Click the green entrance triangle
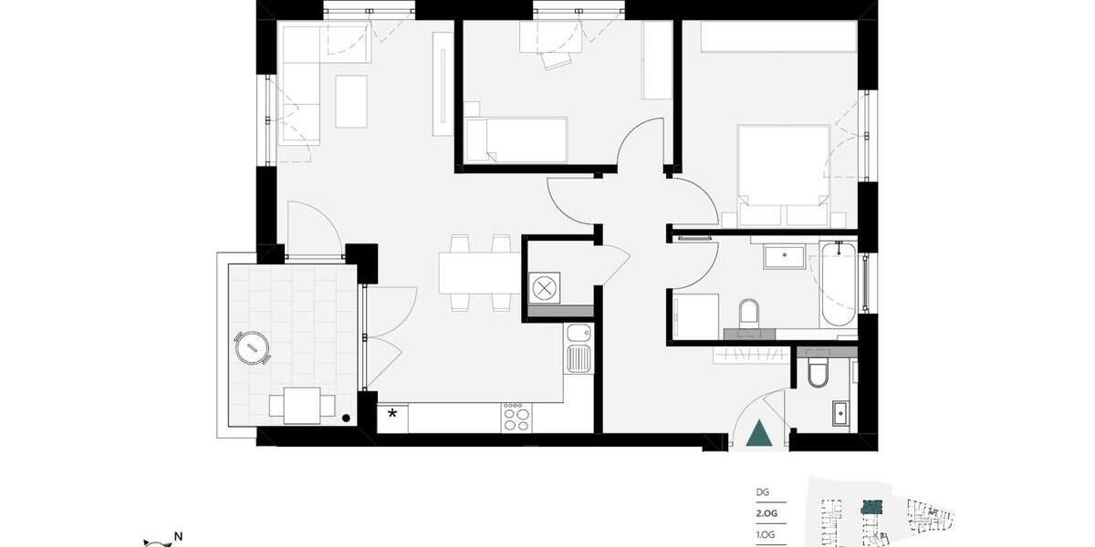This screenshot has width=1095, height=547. (x=758, y=433)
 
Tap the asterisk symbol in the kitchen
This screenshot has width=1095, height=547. (x=393, y=414)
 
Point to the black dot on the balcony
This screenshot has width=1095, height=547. (x=346, y=418)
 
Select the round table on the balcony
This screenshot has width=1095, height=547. (x=251, y=347)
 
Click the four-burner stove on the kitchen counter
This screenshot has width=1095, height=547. (x=514, y=417)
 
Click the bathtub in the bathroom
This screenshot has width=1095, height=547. (x=838, y=284)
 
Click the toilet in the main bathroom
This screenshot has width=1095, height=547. (x=749, y=313)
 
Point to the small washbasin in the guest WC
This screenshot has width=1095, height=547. (x=839, y=413)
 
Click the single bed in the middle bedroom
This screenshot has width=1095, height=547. (x=516, y=139)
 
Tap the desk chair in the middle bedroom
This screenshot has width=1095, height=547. (x=555, y=59)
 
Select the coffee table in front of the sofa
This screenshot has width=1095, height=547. (x=351, y=101)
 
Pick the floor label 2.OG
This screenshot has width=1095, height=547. (x=767, y=513)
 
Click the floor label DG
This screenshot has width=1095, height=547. (x=763, y=492)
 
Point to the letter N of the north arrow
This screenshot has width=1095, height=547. (x=179, y=536)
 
